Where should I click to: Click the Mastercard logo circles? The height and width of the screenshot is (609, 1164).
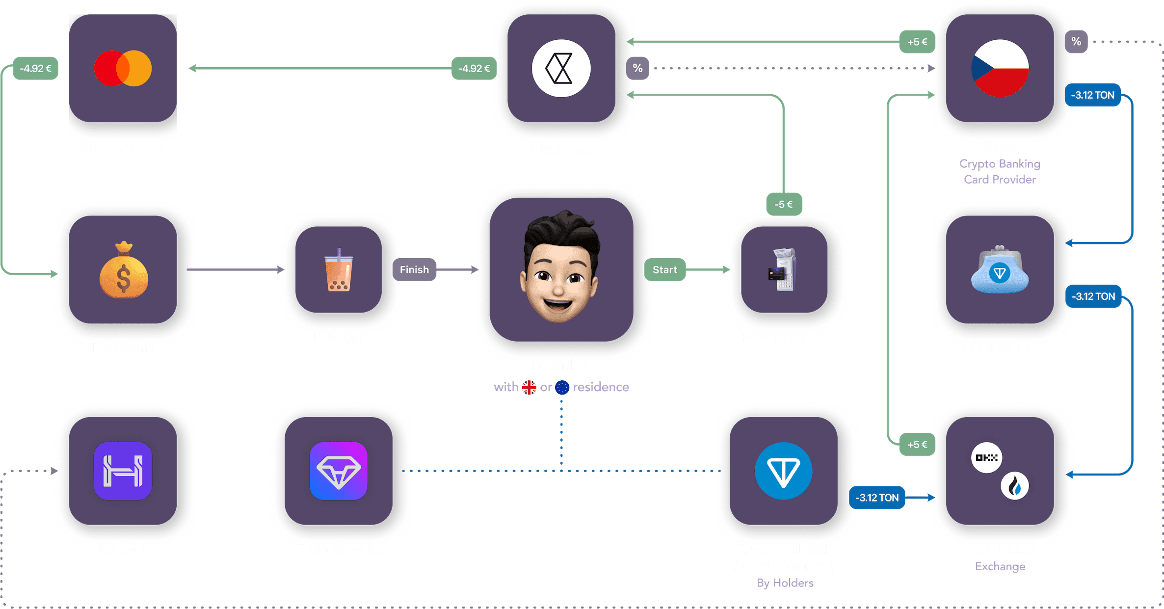[x=123, y=68]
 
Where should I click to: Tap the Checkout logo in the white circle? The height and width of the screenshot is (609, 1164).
[x=561, y=68]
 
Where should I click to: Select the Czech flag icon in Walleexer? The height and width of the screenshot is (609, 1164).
[x=1000, y=68]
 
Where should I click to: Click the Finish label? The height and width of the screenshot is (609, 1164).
[x=414, y=270]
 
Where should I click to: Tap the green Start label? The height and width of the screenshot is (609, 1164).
[x=664, y=270]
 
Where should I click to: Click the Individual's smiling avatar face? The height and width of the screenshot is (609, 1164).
[x=560, y=270]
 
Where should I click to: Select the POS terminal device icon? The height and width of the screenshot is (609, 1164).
[x=783, y=270]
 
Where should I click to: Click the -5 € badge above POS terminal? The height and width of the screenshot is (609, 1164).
[x=784, y=204]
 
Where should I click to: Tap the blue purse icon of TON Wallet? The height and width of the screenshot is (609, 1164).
[x=1000, y=271]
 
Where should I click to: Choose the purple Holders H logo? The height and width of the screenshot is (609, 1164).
[x=123, y=471]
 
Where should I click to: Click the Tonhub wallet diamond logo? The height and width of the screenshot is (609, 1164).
[x=339, y=471]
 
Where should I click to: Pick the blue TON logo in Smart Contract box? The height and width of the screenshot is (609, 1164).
[x=783, y=471]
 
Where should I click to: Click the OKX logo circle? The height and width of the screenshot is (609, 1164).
[x=986, y=457]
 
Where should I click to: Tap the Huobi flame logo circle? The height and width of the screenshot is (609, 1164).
[x=1014, y=486]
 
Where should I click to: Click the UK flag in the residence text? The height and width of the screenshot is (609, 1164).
[x=529, y=388]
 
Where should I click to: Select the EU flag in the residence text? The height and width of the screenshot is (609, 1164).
[x=562, y=388]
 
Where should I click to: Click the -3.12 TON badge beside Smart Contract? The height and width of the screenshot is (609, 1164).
[x=877, y=498]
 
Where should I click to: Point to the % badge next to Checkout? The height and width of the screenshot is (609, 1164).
[x=637, y=68]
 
